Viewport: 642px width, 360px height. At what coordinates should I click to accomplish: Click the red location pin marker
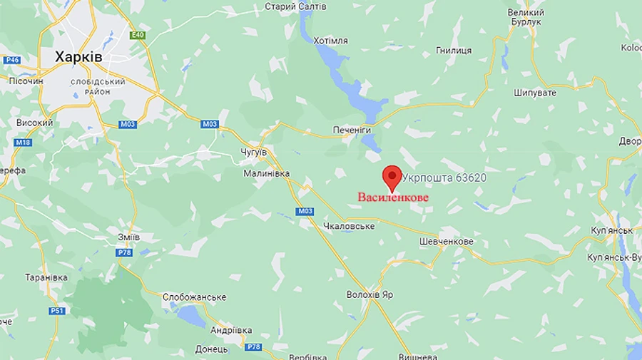(392, 175)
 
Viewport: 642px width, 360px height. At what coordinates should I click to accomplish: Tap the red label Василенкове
(393, 197)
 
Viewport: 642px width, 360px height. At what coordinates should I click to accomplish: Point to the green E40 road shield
(138, 34)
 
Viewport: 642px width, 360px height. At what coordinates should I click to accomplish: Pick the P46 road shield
(11, 60)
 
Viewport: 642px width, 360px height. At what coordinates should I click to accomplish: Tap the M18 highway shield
(23, 143)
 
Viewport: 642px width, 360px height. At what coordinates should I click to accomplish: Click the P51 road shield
(57, 311)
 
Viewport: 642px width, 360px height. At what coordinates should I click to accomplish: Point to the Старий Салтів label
(295, 6)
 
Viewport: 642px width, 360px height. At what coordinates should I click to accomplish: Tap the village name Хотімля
(330, 41)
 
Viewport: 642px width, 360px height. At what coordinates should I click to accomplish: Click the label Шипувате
(535, 93)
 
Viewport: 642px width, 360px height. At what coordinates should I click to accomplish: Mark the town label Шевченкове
(447, 242)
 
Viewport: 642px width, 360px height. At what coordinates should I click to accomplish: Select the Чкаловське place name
(349, 226)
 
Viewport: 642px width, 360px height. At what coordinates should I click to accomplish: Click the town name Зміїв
(128, 237)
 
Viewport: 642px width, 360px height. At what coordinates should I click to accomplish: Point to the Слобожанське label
(194, 297)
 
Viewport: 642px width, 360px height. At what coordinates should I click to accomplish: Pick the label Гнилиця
(454, 51)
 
